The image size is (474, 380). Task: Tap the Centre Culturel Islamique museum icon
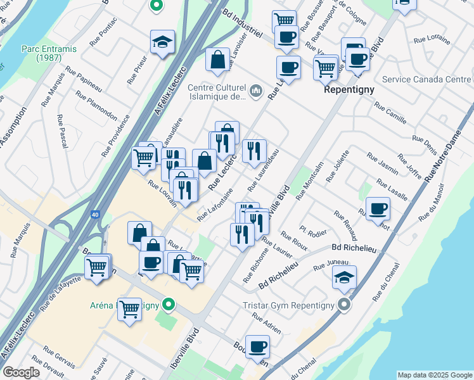pos(256,91)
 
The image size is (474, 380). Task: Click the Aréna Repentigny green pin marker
pos(168,305)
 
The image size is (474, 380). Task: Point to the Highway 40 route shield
pos(94,215)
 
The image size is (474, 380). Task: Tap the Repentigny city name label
pos(349,89)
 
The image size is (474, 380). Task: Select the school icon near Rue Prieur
pos(162,42)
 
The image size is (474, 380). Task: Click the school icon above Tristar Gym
pos(344,277)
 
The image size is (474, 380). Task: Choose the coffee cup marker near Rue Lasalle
pos(378,209)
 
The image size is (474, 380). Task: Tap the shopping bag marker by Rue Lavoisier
pos(217,60)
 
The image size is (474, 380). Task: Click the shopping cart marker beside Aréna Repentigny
pos(129,310)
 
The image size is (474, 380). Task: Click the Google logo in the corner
pos(21,372)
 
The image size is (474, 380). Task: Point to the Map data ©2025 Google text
pos(435,375)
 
